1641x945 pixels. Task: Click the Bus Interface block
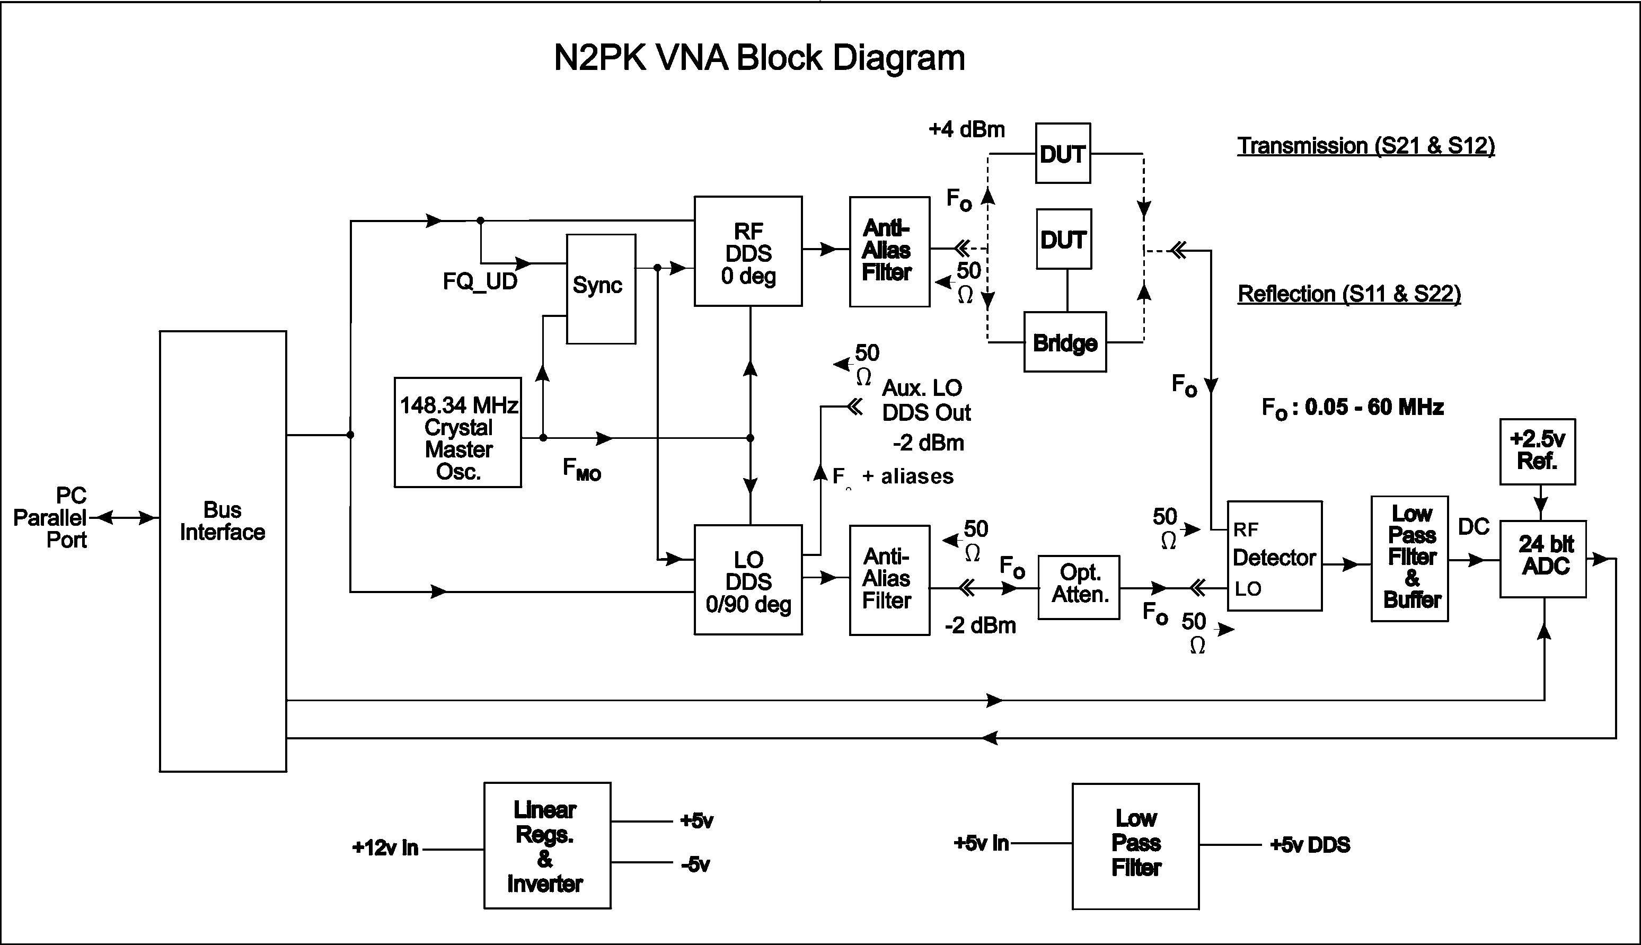tap(223, 551)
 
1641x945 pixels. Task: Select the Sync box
tap(601, 289)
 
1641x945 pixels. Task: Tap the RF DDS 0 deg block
tap(748, 251)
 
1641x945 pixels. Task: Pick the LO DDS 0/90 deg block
tap(748, 580)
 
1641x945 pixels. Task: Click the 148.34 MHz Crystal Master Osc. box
tap(458, 432)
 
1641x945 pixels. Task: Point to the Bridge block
tap(1065, 342)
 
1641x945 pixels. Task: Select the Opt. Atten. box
tap(1079, 587)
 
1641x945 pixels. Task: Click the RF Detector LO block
tap(1274, 555)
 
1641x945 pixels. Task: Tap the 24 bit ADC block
tap(1543, 559)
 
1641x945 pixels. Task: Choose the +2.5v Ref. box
tap(1537, 451)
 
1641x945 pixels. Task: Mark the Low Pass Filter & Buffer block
tap(1409, 558)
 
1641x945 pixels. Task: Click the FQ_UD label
tap(480, 281)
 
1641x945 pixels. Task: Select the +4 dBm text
tap(966, 130)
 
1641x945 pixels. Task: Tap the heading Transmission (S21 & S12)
tap(1366, 146)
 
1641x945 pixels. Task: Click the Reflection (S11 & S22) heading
tap(1349, 294)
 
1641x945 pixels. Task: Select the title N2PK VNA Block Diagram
tap(759, 58)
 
